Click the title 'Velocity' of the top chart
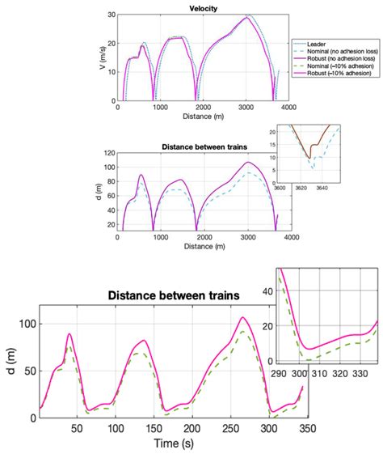[x=204, y=10]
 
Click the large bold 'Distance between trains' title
[x=173, y=296]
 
